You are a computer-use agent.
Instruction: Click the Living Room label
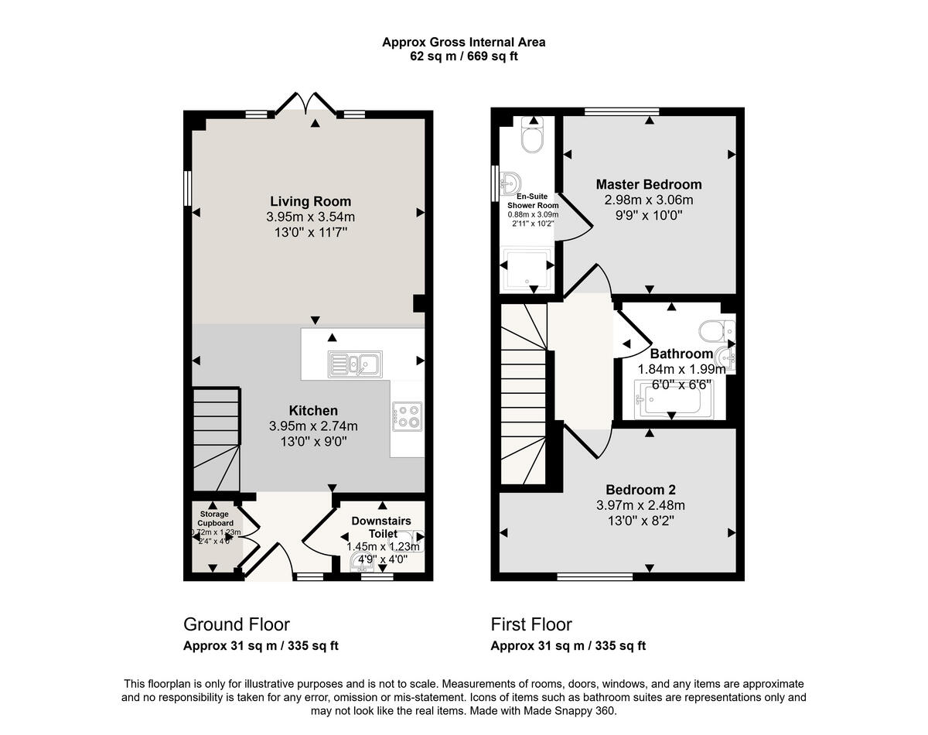point(310,202)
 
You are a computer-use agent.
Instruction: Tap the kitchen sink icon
point(353,362)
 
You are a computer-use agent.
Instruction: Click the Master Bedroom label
point(649,184)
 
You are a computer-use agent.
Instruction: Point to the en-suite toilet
point(532,137)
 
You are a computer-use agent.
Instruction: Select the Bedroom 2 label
point(640,490)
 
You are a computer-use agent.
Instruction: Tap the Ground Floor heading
point(236,624)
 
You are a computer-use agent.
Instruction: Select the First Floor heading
point(531,624)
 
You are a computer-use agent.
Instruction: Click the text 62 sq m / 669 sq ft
point(463,56)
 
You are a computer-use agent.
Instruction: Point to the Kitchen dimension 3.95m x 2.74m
point(313,426)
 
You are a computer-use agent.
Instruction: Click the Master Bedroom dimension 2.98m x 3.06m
point(649,200)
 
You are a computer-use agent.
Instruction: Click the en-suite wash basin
point(510,183)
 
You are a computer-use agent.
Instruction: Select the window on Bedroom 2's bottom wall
point(595,576)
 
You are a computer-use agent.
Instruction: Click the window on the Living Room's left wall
point(187,188)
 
